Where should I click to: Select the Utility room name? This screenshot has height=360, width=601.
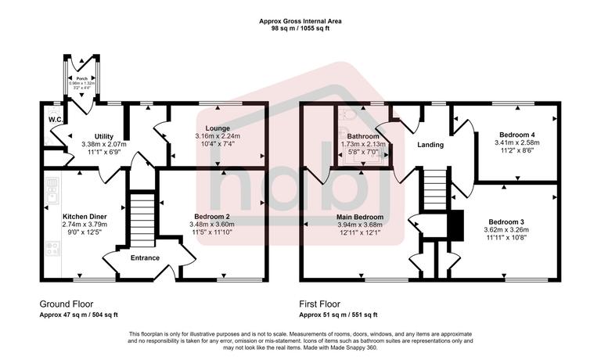[x=104, y=136]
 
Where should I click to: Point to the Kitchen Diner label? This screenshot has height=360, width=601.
[x=85, y=216]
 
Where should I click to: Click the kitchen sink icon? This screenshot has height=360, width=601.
[x=52, y=188]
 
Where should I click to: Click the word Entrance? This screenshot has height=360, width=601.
[x=145, y=257]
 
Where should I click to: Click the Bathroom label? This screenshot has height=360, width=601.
[x=362, y=136]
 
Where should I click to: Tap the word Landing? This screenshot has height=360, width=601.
[x=430, y=145]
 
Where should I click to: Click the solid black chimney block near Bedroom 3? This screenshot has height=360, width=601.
[x=455, y=226]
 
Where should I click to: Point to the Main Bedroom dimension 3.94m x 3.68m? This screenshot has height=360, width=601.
[x=360, y=225]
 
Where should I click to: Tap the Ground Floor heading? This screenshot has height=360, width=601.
[x=66, y=303]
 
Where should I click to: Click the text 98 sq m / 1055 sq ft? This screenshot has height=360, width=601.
[x=300, y=28]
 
